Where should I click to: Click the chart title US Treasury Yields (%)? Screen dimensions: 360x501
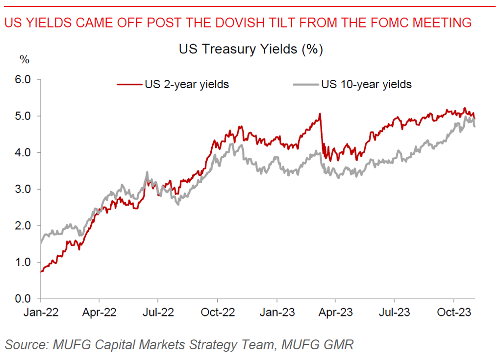250,49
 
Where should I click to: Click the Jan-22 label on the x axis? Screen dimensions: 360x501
41,312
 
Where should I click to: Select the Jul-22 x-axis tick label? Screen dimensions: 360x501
158,312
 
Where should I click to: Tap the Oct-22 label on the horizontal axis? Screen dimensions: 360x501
217,312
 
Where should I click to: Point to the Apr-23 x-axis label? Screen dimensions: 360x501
335,312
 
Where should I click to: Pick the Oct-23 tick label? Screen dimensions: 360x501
453,312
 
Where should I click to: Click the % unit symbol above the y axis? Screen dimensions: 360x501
24,60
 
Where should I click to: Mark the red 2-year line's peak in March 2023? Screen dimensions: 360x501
320,114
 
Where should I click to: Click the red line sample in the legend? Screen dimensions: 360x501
129,84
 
